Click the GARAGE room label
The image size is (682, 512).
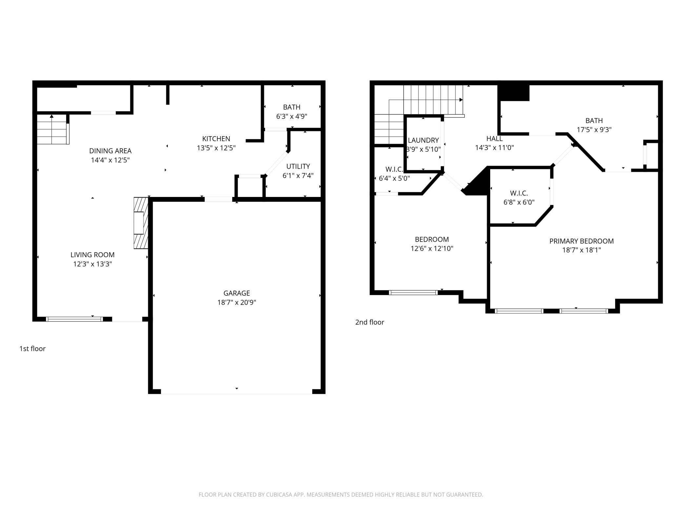click(x=237, y=293)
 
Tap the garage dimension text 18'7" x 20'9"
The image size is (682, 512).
click(x=237, y=302)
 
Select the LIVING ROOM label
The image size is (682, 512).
click(x=92, y=255)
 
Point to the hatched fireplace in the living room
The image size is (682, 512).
click(x=141, y=223)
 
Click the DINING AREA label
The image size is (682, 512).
click(x=110, y=151)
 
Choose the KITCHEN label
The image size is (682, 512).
click(x=216, y=139)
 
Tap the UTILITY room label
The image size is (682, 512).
click(x=298, y=166)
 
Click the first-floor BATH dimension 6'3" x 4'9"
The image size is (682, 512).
click(x=291, y=117)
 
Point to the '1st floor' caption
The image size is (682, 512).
click(x=32, y=349)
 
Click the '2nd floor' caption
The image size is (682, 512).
click(x=370, y=322)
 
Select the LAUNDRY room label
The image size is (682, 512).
click(x=423, y=140)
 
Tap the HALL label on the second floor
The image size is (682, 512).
click(x=494, y=139)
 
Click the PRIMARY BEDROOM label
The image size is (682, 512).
click(x=581, y=241)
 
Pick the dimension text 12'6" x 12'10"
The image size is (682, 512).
click(x=432, y=249)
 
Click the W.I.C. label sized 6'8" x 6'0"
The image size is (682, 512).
click(x=519, y=193)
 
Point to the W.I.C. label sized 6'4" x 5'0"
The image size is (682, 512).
click(x=394, y=169)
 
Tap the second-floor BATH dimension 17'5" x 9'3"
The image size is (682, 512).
click(x=594, y=130)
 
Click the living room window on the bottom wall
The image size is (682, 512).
click(x=74, y=319)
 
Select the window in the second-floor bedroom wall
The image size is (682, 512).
click(x=413, y=292)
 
